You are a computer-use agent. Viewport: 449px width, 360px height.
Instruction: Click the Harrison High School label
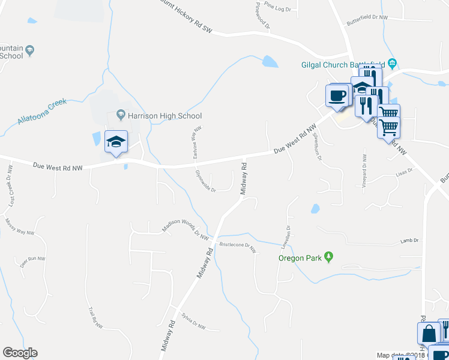164,115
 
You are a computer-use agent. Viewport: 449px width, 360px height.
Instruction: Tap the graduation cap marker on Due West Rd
116,142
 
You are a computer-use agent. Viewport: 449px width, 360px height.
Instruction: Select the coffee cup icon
337,95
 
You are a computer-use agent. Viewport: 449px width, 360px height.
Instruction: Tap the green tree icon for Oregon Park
328,257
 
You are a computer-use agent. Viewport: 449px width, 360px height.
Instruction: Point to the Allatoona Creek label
41,112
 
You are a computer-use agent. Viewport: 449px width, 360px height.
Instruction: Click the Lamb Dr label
409,241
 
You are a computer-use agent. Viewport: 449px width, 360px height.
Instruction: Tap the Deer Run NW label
33,261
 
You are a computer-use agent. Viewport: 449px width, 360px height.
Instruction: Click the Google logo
20,353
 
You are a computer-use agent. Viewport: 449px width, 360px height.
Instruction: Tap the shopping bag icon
430,333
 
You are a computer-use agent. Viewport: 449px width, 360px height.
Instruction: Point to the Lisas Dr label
405,172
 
